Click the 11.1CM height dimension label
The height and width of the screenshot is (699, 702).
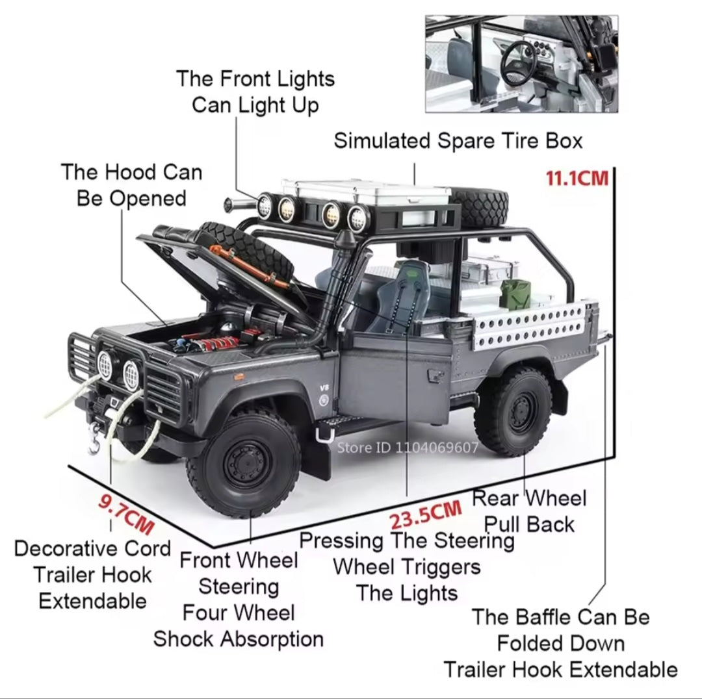tap(577, 179)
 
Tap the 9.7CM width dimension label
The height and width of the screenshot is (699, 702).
tap(126, 515)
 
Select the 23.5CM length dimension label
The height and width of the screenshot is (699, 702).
tap(425, 515)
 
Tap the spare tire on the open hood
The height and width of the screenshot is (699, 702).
tap(251, 251)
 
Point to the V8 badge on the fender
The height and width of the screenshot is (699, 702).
tap(324, 388)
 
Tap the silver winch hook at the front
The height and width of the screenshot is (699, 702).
tap(95, 438)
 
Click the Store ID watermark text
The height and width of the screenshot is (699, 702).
tap(408, 447)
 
